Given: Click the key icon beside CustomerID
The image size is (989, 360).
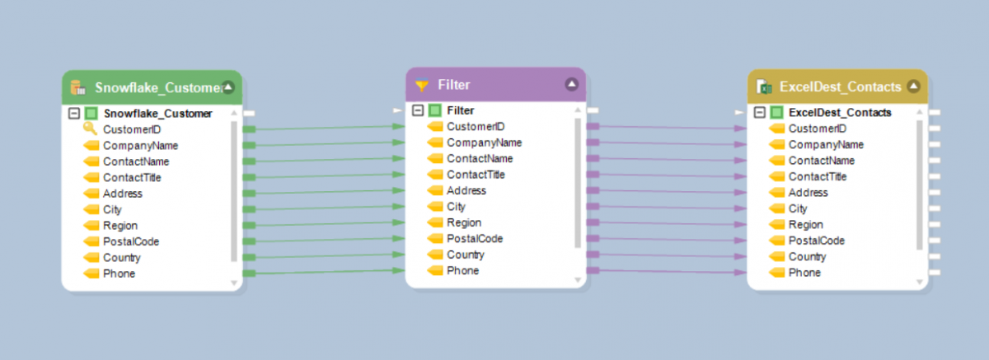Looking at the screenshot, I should click(90, 129).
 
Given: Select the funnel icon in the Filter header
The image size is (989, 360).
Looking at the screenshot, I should click(422, 85).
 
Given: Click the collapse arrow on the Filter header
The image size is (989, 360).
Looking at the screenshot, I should click(572, 84).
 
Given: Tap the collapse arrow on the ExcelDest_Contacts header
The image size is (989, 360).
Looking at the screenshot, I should click(913, 86).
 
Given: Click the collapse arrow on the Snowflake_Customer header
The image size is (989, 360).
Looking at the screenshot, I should click(228, 87).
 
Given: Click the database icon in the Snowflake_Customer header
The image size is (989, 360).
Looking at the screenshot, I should click(78, 87).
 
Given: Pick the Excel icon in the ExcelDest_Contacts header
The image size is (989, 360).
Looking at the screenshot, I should click(765, 87).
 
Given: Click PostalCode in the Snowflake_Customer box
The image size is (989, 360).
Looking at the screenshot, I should click(130, 241).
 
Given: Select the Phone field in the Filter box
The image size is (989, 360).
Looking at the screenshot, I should click(462, 270).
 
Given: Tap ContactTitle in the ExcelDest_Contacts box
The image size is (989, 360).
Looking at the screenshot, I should click(817, 176).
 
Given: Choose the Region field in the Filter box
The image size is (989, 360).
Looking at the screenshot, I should click(464, 222).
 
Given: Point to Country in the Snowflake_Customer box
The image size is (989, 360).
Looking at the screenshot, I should click(121, 257).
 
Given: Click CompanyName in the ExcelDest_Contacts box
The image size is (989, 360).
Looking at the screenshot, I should click(821, 144).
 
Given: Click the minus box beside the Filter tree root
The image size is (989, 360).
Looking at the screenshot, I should click(418, 110).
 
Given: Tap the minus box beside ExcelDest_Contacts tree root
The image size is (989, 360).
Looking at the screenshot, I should click(761, 113).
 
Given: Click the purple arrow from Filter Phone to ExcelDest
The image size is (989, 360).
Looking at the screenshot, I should click(668, 272).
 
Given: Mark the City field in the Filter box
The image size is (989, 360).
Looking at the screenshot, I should click(456, 207).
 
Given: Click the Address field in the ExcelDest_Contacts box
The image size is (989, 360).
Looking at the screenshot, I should click(808, 192).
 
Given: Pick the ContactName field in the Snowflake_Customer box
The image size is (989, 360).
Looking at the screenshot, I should click(136, 161).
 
